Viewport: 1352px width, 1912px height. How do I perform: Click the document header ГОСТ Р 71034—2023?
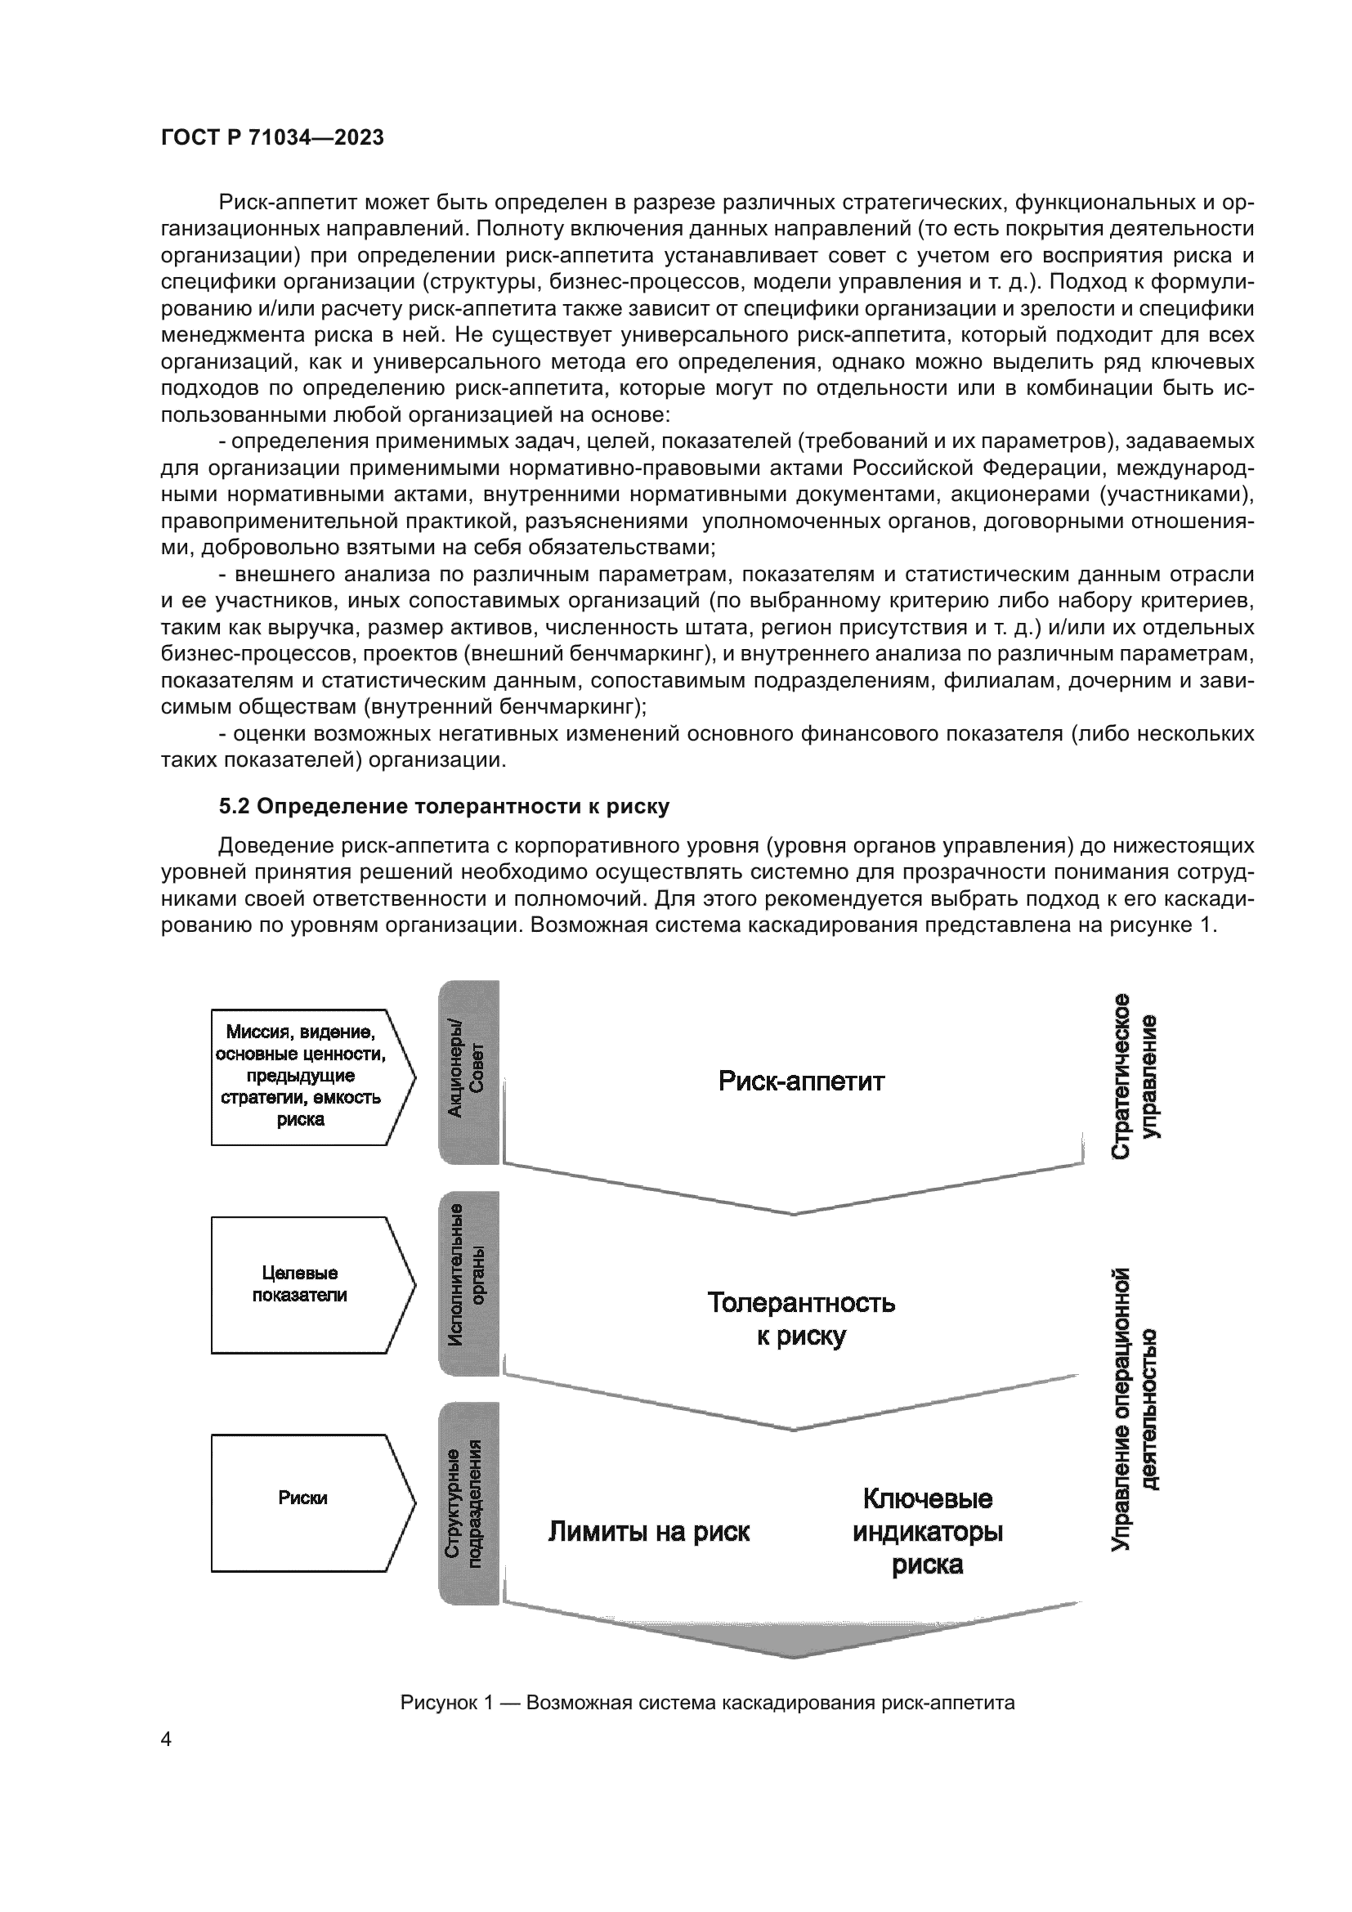tap(272, 138)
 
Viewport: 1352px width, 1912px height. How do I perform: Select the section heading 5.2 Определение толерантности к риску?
tap(444, 806)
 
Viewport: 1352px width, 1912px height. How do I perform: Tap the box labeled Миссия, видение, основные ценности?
tap(301, 1077)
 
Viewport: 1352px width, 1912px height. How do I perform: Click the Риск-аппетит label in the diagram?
tap(801, 1081)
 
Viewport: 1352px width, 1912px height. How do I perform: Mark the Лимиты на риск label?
tap(648, 1530)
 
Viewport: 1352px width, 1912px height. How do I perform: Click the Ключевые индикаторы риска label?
tap(928, 1531)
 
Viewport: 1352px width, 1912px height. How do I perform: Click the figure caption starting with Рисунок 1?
tap(707, 1703)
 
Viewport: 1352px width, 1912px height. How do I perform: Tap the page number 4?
tap(166, 1739)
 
